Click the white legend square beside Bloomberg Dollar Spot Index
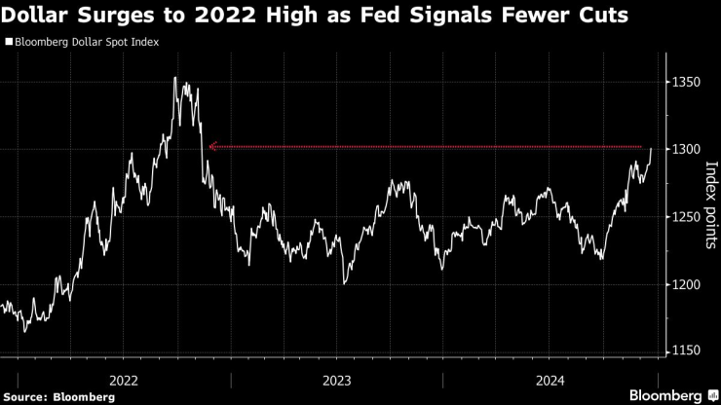9,43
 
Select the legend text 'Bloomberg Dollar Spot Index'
86,43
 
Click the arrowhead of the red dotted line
211,147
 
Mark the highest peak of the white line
175,78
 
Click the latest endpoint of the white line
651,149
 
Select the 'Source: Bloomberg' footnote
47,395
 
